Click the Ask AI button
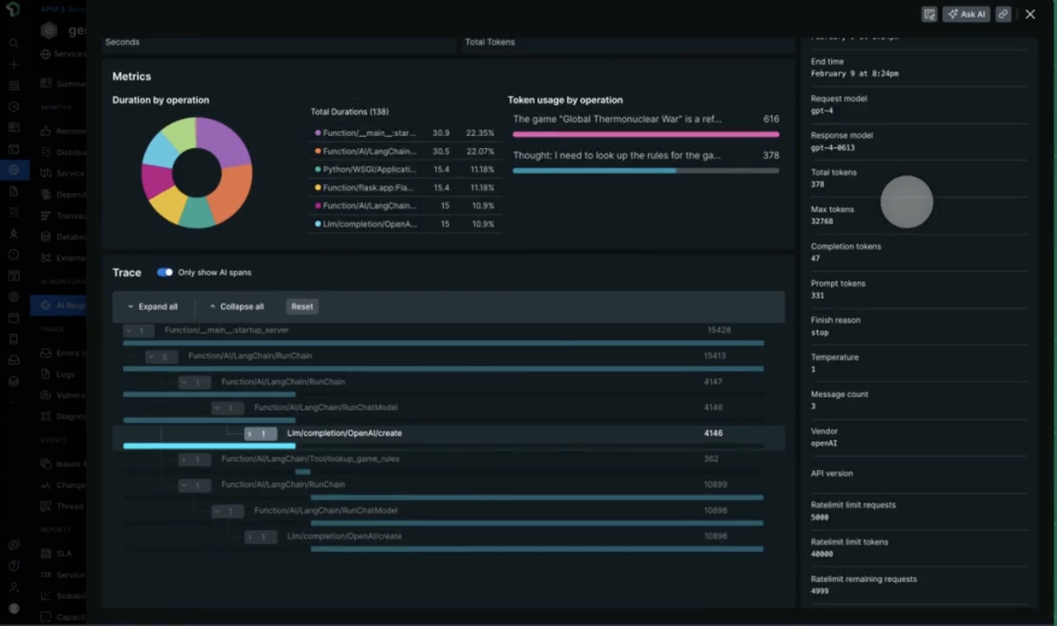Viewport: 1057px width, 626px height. click(x=966, y=14)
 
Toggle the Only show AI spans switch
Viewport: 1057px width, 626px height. click(x=165, y=273)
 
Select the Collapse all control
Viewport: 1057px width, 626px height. click(x=236, y=307)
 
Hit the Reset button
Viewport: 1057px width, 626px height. click(x=302, y=307)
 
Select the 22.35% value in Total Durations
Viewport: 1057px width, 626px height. click(x=481, y=133)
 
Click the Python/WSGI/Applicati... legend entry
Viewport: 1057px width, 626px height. click(x=370, y=170)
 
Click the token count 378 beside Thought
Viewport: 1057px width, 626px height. click(x=771, y=155)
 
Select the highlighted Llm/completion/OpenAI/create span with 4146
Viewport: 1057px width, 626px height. click(x=344, y=434)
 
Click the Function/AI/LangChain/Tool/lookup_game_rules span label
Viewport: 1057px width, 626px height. click(x=311, y=459)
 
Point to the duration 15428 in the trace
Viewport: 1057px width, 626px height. click(x=718, y=331)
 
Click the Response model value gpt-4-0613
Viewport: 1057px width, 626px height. click(x=833, y=148)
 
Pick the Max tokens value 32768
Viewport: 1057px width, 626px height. click(x=822, y=222)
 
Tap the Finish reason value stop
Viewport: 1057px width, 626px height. click(x=820, y=332)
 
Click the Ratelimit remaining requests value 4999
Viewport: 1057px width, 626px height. click(x=820, y=591)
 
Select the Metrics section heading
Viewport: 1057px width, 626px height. click(x=132, y=76)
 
